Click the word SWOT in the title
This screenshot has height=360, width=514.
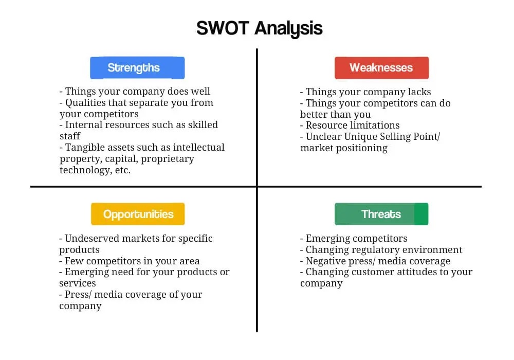pyautogui.click(x=223, y=28)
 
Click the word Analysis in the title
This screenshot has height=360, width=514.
pyautogui.click(x=289, y=29)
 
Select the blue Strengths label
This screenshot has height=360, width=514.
pyautogui.click(x=137, y=68)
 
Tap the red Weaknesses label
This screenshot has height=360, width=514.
pyautogui.click(x=381, y=68)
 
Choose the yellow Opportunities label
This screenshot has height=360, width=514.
pyautogui.click(x=138, y=214)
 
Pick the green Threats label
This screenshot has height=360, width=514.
pyautogui.click(x=381, y=214)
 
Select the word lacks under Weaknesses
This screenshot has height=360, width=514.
pyautogui.click(x=419, y=92)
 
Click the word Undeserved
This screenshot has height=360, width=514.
pyautogui.click(x=91, y=238)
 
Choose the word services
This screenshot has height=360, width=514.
pyautogui.click(x=78, y=283)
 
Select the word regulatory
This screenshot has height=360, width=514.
pyautogui.click(x=372, y=250)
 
